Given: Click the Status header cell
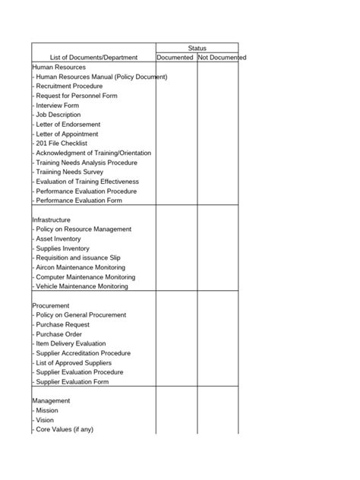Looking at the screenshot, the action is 197,48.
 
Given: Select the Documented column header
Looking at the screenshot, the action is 175,58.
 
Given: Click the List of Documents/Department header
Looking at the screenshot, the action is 93,58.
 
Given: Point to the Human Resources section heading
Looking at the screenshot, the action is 59,67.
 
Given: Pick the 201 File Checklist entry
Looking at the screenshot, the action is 61,144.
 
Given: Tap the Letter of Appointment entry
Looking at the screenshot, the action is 68,134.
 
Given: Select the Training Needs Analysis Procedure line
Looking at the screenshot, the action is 85,163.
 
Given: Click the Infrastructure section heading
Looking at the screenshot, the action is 56,219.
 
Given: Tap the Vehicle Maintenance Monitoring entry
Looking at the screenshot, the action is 81,286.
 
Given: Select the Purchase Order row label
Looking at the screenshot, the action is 58,334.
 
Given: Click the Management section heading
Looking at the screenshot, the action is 51,400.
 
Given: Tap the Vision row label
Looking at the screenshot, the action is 46,419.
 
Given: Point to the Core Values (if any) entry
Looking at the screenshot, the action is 63,429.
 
